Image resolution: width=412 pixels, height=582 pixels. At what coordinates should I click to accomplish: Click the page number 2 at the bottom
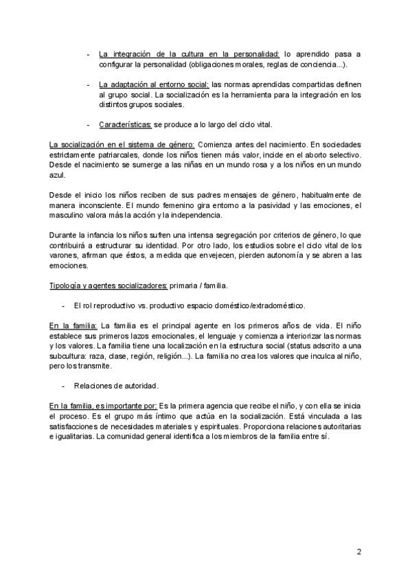tap(358, 551)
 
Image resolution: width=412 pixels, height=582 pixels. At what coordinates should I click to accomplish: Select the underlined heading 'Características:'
tap(121, 125)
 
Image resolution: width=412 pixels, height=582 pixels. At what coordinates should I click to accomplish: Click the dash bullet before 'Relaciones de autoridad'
tap(63, 385)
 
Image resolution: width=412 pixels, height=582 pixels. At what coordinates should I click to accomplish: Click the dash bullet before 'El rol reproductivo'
tap(63, 305)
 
